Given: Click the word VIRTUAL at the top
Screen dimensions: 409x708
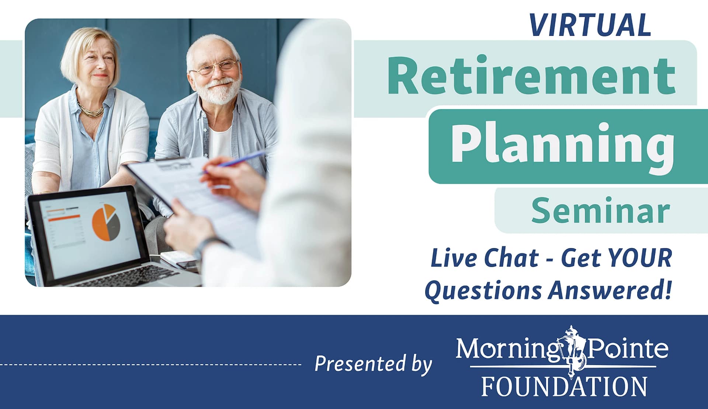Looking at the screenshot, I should pyautogui.click(x=590, y=25).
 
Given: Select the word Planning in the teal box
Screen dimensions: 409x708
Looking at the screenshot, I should pyautogui.click(x=562, y=144).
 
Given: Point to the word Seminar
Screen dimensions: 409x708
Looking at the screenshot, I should pyautogui.click(x=600, y=211).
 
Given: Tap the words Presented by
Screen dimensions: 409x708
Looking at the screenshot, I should pyautogui.click(x=373, y=364).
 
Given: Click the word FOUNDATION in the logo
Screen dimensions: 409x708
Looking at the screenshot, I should pyautogui.click(x=564, y=386).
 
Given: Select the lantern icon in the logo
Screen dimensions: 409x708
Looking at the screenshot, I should pyautogui.click(x=573, y=350).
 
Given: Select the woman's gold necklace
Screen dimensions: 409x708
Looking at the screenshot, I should pyautogui.click(x=91, y=110).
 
